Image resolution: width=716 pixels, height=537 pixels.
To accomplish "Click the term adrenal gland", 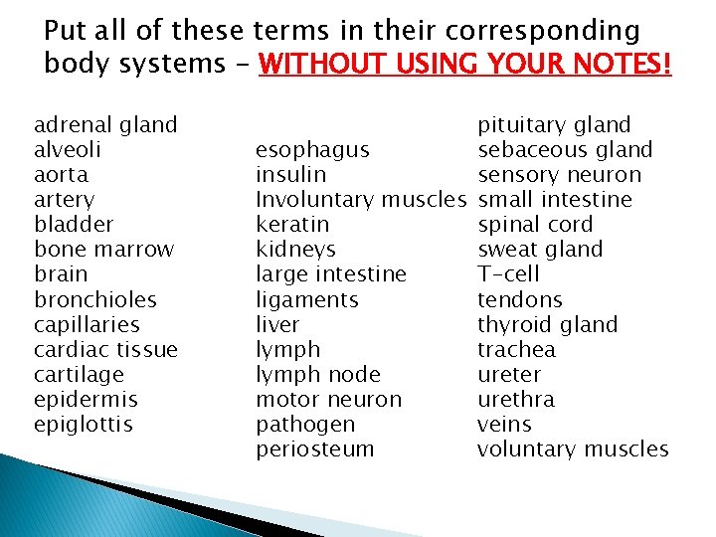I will [x=105, y=125].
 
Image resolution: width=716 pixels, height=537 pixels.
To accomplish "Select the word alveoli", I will [x=68, y=150].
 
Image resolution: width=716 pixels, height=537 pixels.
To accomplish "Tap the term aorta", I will [x=61, y=175].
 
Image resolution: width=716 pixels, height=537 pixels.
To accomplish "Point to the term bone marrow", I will [x=103, y=250].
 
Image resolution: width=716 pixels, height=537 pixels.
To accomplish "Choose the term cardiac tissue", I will [x=105, y=349].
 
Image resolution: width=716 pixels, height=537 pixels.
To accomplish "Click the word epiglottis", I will [x=84, y=425].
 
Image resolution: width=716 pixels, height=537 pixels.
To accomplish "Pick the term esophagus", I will [x=312, y=150].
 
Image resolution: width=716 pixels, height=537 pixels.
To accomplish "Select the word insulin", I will [x=290, y=175].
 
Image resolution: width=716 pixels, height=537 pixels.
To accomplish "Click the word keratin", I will [x=292, y=225].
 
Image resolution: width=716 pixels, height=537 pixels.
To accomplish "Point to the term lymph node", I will [x=318, y=374].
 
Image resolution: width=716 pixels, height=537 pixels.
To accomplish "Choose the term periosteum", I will [x=315, y=448].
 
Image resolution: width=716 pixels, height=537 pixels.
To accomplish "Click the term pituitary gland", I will [x=554, y=125].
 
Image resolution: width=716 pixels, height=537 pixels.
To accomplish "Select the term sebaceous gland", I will [x=565, y=150].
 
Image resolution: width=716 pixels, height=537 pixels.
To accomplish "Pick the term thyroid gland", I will [x=547, y=324].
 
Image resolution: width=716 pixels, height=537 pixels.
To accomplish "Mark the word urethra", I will [x=516, y=399].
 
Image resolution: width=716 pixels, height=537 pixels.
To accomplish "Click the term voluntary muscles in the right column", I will [x=573, y=448].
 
